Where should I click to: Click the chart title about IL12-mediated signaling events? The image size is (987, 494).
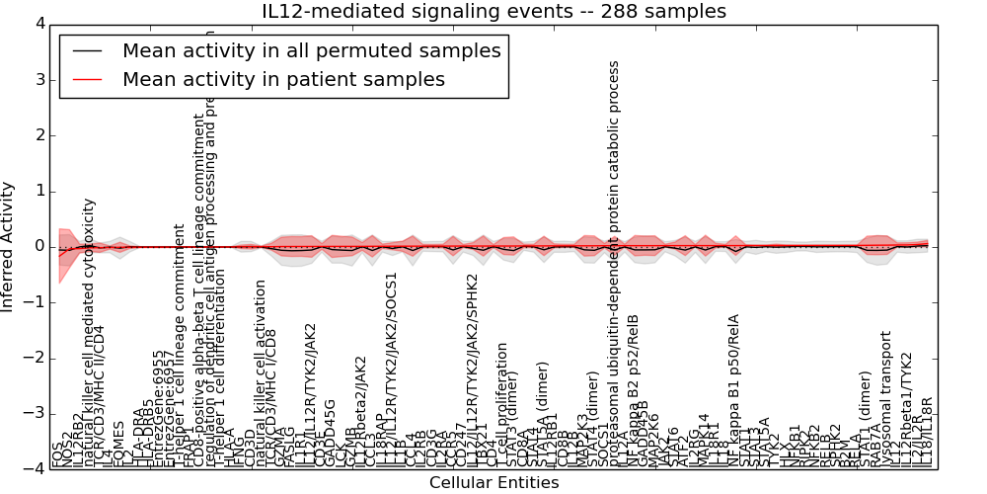point(493,12)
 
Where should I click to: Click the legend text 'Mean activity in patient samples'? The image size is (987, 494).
point(283,79)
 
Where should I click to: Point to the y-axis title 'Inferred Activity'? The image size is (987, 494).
point(9,246)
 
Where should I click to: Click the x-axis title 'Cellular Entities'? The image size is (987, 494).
point(493,483)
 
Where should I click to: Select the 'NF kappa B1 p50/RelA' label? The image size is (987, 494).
point(733,390)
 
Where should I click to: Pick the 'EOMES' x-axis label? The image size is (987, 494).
point(118,444)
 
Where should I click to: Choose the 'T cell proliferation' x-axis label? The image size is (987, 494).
point(502,404)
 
